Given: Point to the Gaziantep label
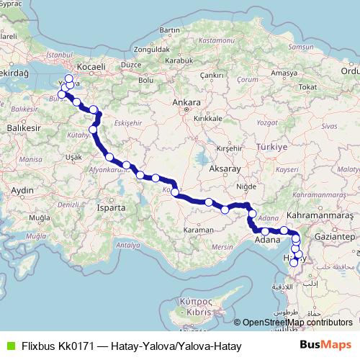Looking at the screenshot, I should tap(336, 236).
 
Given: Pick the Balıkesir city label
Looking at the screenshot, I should tap(19, 127).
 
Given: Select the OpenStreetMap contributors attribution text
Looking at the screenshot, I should tap(296, 323).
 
